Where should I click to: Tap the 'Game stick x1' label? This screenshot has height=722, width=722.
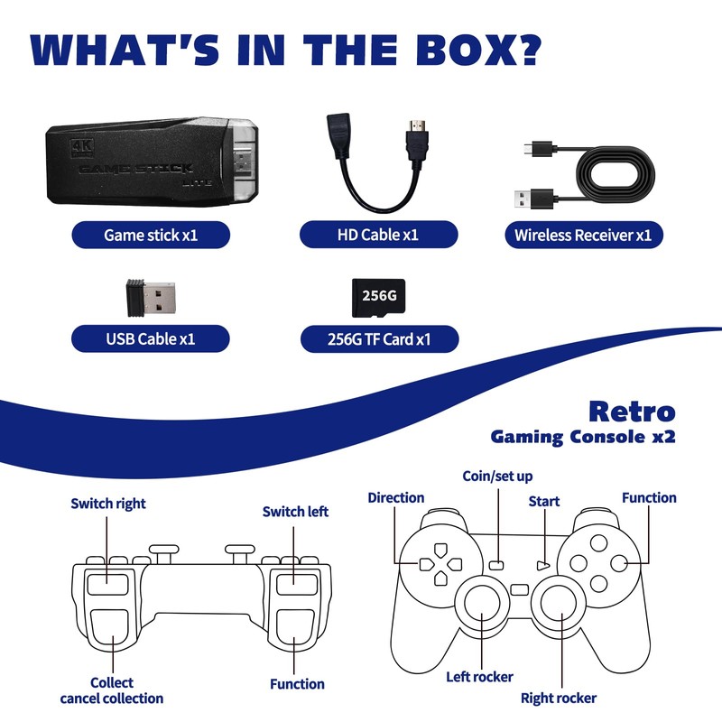[151, 236]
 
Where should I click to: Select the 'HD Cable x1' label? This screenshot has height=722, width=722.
[378, 236]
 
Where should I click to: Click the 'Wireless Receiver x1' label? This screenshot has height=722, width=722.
[582, 236]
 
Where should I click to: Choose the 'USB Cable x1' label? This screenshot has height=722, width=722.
[150, 339]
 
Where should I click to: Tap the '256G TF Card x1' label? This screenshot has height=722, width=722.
[378, 339]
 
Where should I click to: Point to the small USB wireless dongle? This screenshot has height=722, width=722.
[150, 297]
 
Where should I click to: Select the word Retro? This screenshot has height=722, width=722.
[631, 412]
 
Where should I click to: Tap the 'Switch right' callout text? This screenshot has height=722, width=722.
[108, 503]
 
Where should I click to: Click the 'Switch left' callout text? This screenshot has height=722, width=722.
[295, 512]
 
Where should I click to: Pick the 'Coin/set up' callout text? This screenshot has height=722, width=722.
[497, 476]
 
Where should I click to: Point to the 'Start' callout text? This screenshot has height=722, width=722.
[543, 501]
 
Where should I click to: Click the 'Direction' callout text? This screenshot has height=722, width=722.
[395, 497]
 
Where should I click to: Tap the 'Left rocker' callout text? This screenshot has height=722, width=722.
[479, 676]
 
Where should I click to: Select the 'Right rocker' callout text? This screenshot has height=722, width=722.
[558, 698]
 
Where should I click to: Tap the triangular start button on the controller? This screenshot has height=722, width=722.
[542, 564]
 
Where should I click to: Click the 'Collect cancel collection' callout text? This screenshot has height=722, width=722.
[112, 690]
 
